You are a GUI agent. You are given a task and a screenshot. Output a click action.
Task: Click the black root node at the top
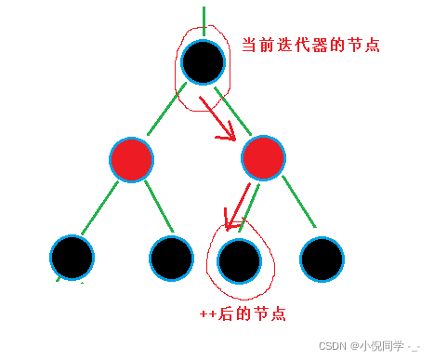point(203,62)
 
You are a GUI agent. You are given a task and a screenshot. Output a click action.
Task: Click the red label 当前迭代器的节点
point(309,45)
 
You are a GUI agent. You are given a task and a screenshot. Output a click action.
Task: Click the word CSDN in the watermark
point(332,345)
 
